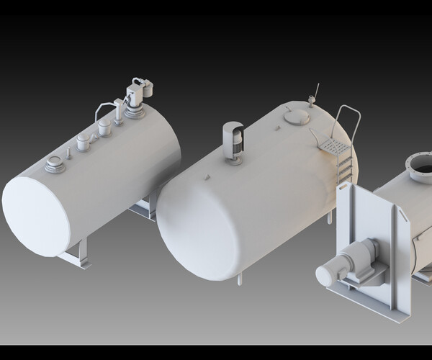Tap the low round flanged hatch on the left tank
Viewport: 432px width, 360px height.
click(x=55, y=166)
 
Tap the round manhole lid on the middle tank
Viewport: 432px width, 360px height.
click(x=295, y=115)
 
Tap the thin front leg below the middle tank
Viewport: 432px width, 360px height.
click(x=241, y=277)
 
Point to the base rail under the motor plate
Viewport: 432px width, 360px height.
click(x=367, y=301)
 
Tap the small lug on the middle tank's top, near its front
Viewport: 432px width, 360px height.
click(x=207, y=176)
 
